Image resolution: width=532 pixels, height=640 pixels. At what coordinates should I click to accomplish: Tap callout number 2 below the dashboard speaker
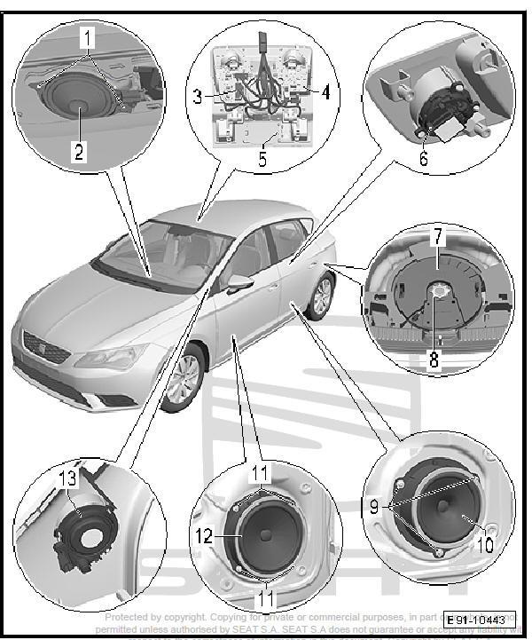[x=79, y=152]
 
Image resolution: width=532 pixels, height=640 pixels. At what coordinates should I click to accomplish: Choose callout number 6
[x=423, y=160]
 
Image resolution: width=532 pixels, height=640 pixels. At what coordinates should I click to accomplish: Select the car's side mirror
[x=239, y=284]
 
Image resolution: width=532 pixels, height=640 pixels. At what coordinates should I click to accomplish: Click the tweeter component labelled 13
[x=87, y=533]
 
